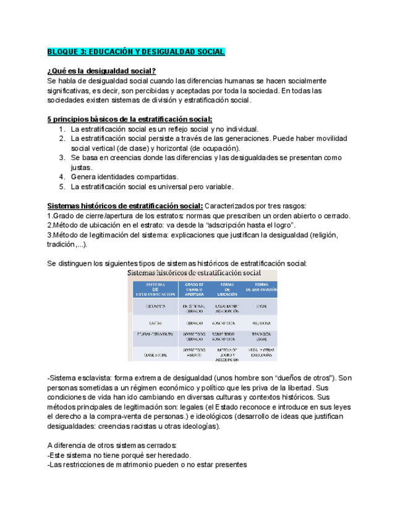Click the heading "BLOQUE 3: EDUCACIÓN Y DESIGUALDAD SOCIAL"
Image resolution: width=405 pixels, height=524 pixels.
point(136,52)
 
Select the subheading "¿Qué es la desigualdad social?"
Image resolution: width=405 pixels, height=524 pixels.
point(101,71)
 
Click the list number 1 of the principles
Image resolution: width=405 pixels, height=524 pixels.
point(62,129)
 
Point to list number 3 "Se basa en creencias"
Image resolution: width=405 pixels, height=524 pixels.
point(62,158)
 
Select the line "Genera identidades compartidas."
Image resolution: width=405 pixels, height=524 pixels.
point(124,177)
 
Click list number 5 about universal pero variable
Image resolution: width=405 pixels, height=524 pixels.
point(62,187)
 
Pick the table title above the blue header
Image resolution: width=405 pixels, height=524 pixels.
point(194,273)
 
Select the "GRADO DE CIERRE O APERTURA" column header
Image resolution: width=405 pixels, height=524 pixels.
point(194,290)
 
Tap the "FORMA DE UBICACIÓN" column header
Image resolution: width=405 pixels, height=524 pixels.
point(226,290)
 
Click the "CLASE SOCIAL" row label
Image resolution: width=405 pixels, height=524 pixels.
point(155,355)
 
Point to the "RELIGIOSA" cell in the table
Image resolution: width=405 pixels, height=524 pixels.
point(260,323)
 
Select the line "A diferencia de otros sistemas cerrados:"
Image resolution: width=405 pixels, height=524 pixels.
point(111,446)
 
